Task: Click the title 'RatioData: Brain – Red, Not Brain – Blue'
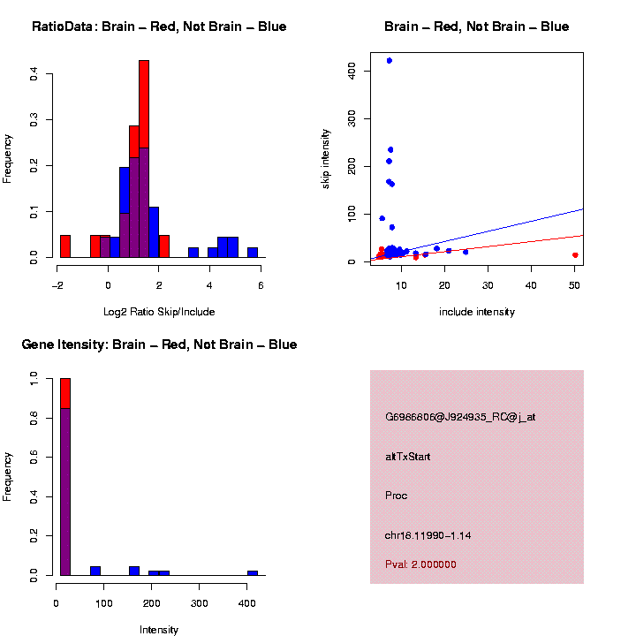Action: (x=159, y=26)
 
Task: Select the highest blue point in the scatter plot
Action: (x=390, y=61)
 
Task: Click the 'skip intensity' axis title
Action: (x=326, y=157)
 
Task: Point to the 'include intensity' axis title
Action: (x=477, y=312)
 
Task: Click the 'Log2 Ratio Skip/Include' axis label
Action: (x=159, y=312)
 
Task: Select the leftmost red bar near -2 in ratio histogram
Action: (x=65, y=246)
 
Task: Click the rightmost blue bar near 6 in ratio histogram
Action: (x=253, y=253)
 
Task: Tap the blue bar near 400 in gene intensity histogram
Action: (x=253, y=572)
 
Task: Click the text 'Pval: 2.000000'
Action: (x=421, y=564)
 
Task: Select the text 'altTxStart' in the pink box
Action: (x=408, y=457)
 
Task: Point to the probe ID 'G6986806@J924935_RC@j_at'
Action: (x=460, y=417)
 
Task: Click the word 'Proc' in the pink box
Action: (x=397, y=496)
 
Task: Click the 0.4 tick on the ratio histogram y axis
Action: (x=33, y=75)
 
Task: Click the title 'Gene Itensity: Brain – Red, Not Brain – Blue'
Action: (x=159, y=344)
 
